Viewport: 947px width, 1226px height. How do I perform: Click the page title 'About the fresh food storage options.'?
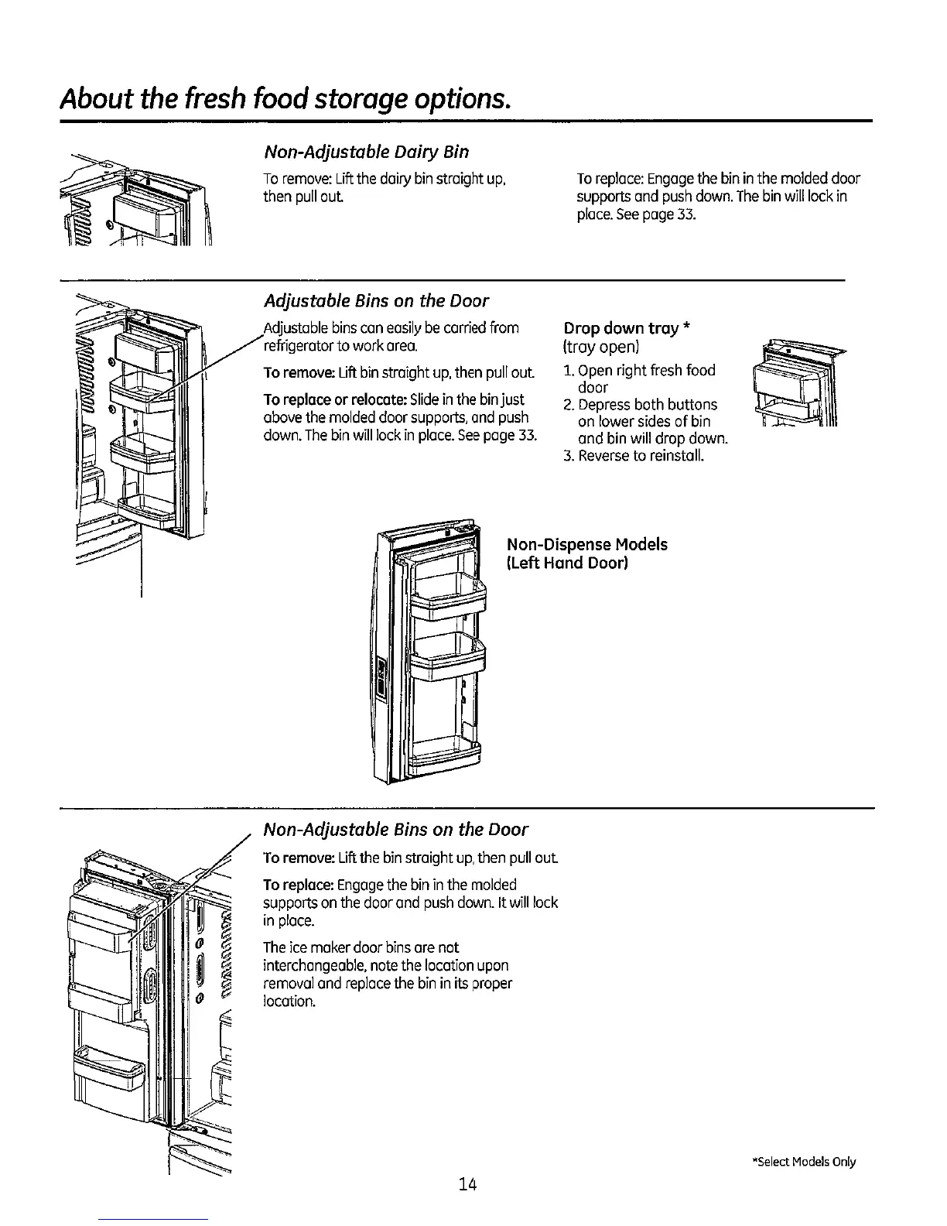(286, 101)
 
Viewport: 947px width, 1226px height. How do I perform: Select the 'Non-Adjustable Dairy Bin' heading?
(367, 152)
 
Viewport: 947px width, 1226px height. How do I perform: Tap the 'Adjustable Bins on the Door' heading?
(376, 300)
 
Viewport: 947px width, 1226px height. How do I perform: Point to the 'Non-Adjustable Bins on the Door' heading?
(395, 830)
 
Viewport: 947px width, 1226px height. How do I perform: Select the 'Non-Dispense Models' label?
(586, 544)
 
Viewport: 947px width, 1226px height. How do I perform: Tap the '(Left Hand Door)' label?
(566, 563)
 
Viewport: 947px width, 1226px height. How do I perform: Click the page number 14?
(467, 1183)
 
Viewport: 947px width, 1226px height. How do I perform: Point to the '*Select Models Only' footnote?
(803, 1162)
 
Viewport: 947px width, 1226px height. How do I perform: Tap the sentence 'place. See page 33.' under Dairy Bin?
(636, 214)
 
